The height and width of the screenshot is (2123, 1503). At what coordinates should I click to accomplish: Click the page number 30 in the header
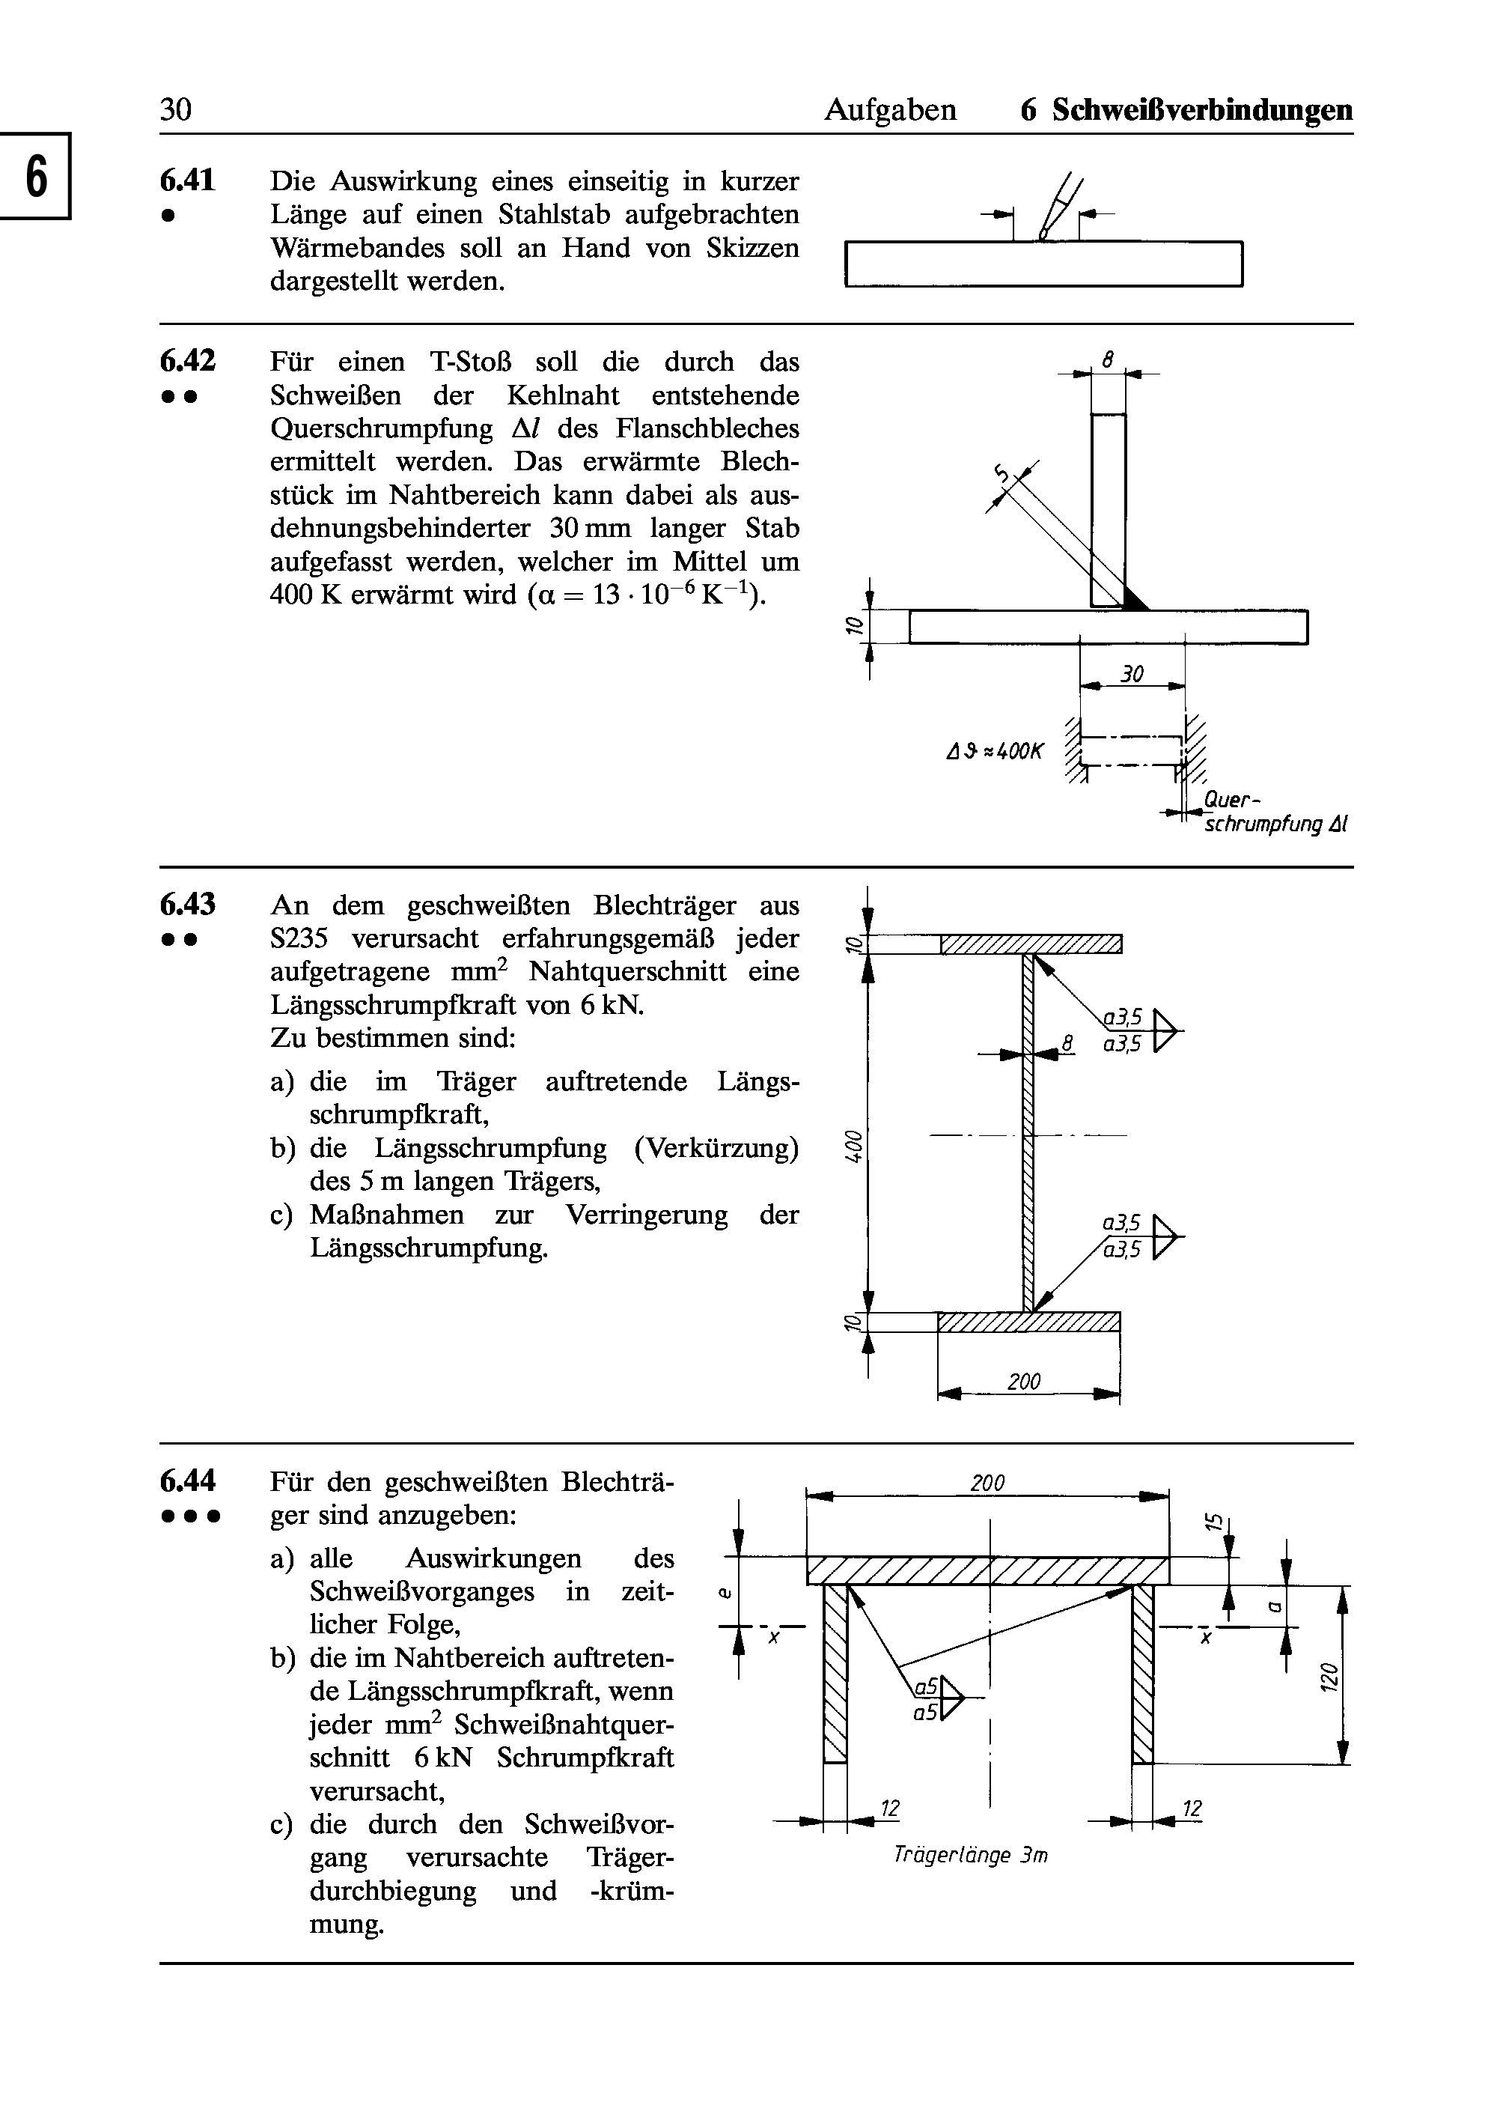(x=176, y=110)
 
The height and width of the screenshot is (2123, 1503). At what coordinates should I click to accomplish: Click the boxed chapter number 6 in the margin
(x=35, y=176)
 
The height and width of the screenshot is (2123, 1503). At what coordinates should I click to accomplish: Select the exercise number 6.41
(x=187, y=180)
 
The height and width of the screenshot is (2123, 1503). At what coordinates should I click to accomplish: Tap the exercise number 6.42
(x=187, y=361)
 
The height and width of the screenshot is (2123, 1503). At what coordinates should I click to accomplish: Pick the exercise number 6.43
(x=187, y=905)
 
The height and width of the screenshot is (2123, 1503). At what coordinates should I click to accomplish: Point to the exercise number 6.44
(x=187, y=1481)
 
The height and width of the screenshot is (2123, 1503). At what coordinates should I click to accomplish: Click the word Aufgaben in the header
(x=889, y=110)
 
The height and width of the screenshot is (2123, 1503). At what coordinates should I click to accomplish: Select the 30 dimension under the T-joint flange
(x=1132, y=675)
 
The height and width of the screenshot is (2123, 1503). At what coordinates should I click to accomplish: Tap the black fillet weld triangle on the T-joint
(x=1134, y=599)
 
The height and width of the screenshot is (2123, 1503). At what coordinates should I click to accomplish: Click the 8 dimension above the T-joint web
(x=1108, y=356)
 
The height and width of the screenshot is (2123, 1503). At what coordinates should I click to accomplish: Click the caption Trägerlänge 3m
(x=970, y=1856)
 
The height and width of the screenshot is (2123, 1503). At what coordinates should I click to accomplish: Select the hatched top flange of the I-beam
(x=1030, y=944)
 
